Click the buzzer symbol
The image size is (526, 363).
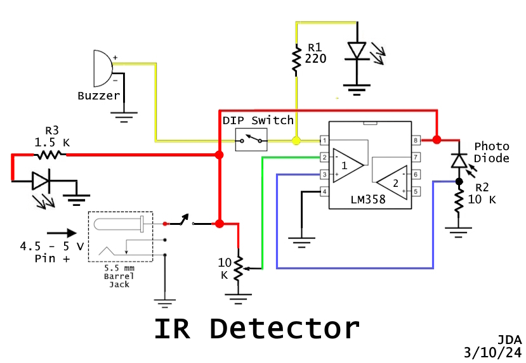[x=102, y=68]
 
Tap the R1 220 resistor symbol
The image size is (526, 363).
[x=296, y=59]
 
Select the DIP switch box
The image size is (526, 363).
[x=251, y=139]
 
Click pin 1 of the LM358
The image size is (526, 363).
[x=324, y=140]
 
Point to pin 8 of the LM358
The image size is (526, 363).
[x=416, y=140]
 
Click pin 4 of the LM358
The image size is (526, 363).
[x=324, y=191]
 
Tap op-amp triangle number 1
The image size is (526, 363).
[x=348, y=165]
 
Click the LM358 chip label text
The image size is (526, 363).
[x=369, y=200]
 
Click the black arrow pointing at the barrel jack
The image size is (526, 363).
[x=61, y=232]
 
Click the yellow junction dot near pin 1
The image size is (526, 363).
[x=296, y=140]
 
